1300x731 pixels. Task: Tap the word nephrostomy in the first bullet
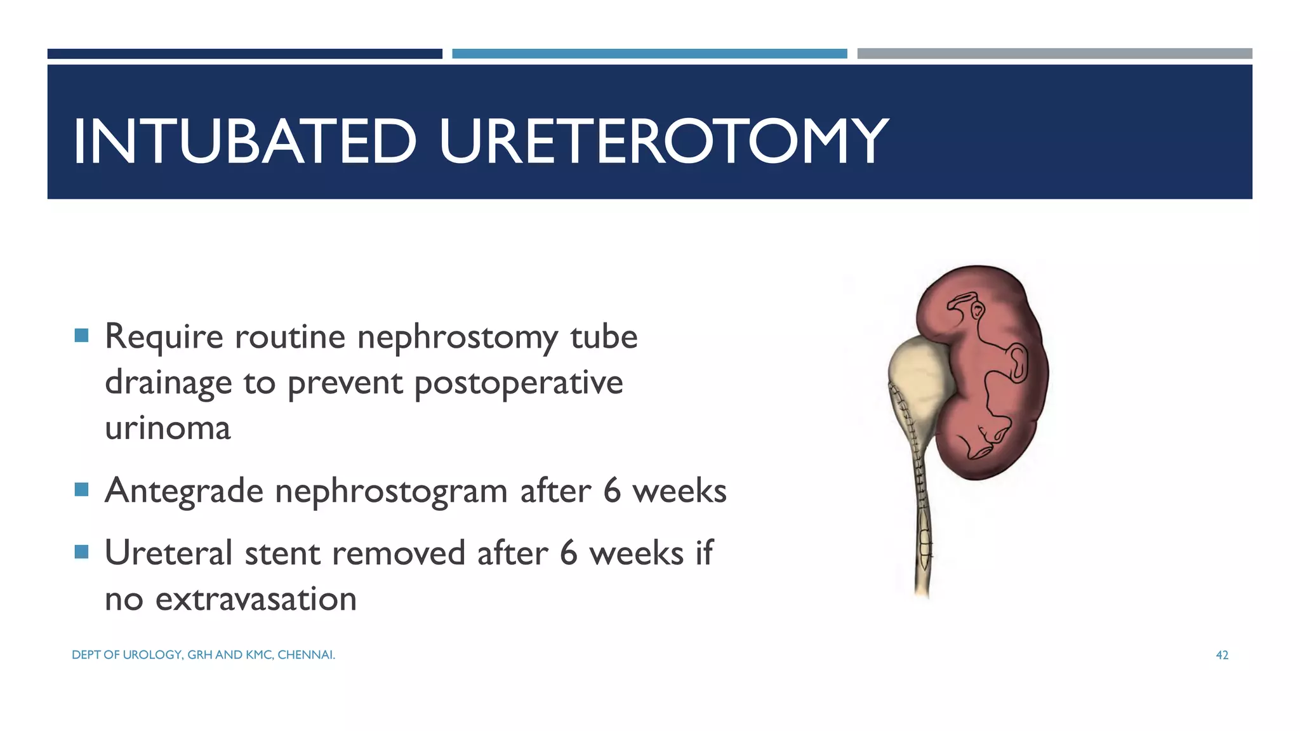tap(458, 337)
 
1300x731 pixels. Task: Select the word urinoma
tap(168, 428)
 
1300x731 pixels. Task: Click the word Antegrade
tap(184, 491)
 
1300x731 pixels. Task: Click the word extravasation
tap(256, 599)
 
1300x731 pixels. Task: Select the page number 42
tap(1222, 655)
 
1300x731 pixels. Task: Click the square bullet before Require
tap(81, 335)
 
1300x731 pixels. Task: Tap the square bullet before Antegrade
tap(81, 489)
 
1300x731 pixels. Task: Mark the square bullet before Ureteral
tap(81, 551)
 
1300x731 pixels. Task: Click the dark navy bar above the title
tap(244, 54)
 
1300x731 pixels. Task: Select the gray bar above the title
tap(1054, 54)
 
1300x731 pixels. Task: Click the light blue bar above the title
tap(649, 54)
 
